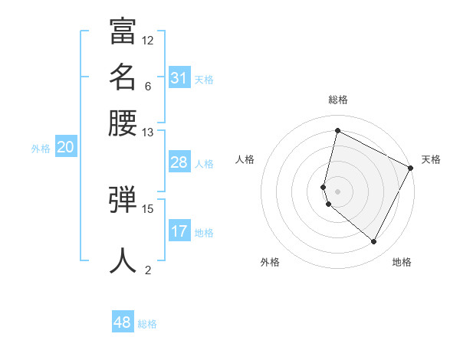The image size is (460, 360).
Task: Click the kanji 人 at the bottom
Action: tap(123, 260)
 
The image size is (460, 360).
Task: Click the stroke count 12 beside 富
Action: tap(148, 40)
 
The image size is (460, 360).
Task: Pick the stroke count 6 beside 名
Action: tap(148, 86)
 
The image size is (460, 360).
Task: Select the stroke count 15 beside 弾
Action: tap(148, 208)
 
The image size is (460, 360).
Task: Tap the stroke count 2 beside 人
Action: tap(148, 270)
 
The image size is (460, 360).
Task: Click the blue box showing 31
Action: tap(179, 78)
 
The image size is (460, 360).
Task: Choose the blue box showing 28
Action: tap(179, 162)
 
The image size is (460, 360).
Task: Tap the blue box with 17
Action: tap(179, 231)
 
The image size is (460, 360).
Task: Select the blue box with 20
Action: tap(65, 149)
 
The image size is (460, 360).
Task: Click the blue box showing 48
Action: tap(123, 322)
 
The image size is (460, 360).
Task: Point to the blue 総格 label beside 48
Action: tap(147, 324)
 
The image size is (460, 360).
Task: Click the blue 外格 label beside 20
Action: tap(41, 149)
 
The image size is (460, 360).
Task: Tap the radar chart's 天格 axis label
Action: tap(431, 159)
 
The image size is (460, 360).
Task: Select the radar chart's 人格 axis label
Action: tap(245, 159)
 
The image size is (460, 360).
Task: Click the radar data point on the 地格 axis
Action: tap(374, 242)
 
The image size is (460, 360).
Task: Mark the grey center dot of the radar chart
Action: tap(337, 191)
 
